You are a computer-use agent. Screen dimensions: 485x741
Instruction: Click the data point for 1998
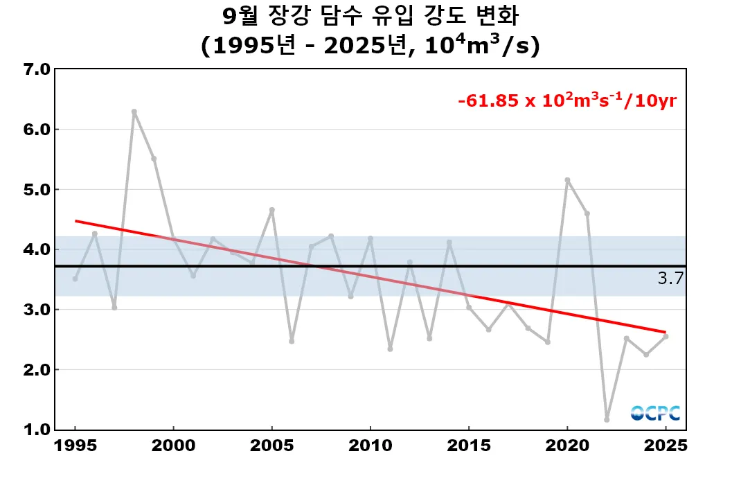[134, 112]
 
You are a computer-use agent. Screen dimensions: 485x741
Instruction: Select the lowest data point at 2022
[607, 419]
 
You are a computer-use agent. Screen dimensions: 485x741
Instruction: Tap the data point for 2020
[567, 180]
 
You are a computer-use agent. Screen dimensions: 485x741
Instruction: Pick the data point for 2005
[272, 210]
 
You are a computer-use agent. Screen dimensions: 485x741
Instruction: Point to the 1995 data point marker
[75, 279]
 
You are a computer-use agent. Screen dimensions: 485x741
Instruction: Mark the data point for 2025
[666, 336]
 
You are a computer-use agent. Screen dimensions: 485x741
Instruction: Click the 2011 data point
[390, 349]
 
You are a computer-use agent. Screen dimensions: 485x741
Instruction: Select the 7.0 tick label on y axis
[36, 69]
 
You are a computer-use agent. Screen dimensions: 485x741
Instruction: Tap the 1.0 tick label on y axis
[36, 430]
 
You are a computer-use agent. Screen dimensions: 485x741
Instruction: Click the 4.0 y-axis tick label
[36, 249]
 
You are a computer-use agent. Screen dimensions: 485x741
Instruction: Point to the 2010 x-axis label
[370, 446]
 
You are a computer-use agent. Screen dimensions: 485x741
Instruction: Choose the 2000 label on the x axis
[173, 446]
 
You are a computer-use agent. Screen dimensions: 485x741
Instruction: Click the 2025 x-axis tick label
[666, 446]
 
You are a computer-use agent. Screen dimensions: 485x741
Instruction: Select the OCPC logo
[655, 413]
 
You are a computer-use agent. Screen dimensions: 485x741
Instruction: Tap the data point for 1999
[154, 159]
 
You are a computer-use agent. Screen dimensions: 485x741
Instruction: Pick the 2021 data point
[587, 213]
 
